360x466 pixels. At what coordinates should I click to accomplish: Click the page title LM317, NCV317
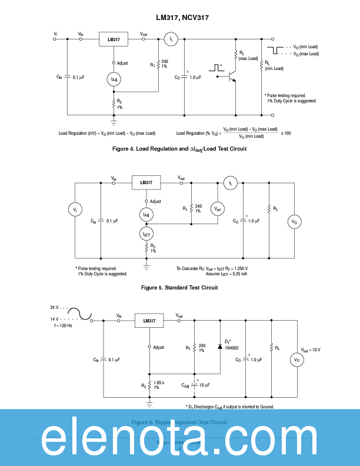[179, 18]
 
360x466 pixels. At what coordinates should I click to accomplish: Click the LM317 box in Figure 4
[114, 39]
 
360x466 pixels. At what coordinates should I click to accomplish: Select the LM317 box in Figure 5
[146, 183]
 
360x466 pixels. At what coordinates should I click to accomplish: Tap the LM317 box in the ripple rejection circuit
[149, 321]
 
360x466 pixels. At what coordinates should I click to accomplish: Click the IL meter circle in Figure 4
[171, 39]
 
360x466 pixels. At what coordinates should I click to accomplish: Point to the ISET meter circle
[146, 234]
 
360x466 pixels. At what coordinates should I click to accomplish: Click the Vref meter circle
[217, 209]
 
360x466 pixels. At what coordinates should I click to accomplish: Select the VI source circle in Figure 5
[74, 209]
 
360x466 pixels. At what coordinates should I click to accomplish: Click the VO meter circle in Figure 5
[295, 222]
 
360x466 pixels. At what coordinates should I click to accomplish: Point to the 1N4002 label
[231, 348]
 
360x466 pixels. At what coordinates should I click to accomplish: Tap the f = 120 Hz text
[63, 325]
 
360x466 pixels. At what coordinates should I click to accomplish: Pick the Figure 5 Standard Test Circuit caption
[179, 288]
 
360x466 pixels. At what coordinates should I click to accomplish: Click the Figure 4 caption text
[179, 149]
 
